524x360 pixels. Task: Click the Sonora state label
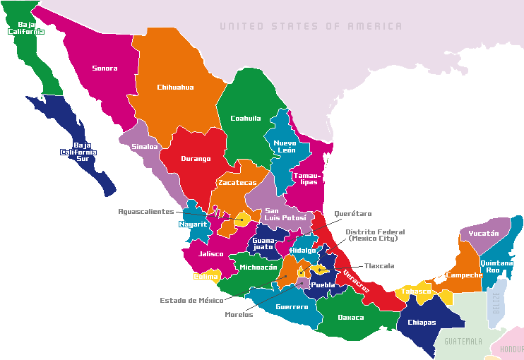(x=105, y=68)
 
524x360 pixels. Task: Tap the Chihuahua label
(x=175, y=88)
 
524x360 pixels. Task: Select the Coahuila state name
(x=246, y=119)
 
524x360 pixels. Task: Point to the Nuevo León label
(x=285, y=146)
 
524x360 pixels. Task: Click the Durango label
(x=196, y=159)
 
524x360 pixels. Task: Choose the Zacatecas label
(x=237, y=183)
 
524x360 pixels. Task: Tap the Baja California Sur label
(x=78, y=152)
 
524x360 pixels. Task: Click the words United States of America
(x=311, y=26)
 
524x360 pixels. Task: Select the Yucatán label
(x=484, y=234)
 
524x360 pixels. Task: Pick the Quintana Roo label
(x=496, y=266)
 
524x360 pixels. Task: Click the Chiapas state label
(x=422, y=323)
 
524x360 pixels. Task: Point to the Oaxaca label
(x=351, y=317)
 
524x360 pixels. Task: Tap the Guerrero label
(x=292, y=307)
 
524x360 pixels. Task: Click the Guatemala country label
(x=463, y=341)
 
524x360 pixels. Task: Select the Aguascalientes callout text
(x=145, y=211)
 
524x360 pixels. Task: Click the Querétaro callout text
(x=353, y=213)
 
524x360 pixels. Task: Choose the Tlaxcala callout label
(x=379, y=266)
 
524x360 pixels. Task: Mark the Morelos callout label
(x=238, y=314)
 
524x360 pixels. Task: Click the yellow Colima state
(x=206, y=276)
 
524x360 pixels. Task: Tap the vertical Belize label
(x=496, y=304)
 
